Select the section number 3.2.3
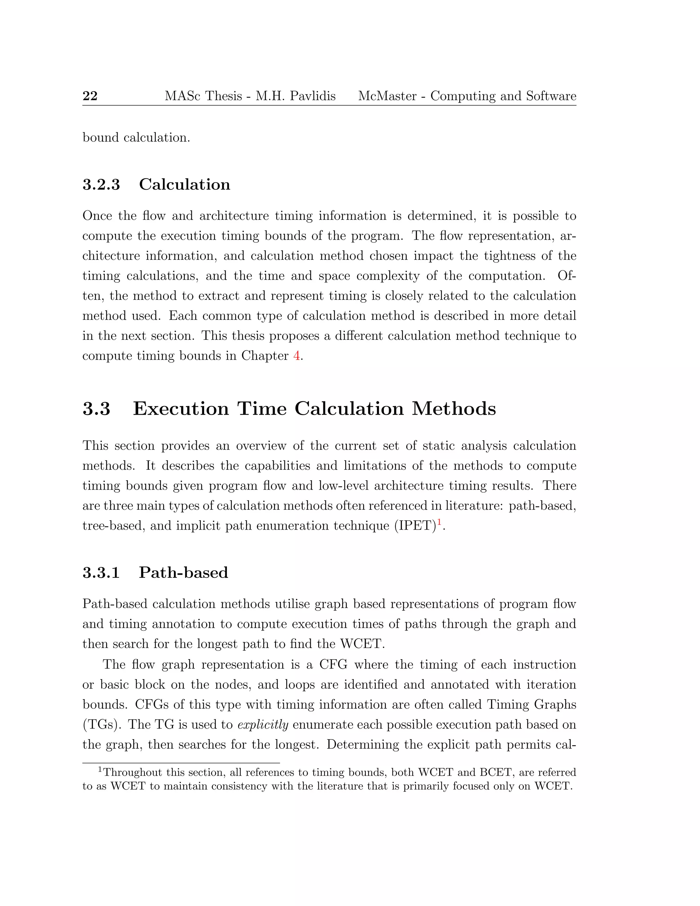click(101, 185)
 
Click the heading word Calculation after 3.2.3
click(185, 185)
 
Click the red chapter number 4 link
click(296, 356)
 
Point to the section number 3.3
click(97, 409)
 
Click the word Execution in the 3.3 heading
click(181, 409)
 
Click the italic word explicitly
click(263, 725)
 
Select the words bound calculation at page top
click(136, 137)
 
